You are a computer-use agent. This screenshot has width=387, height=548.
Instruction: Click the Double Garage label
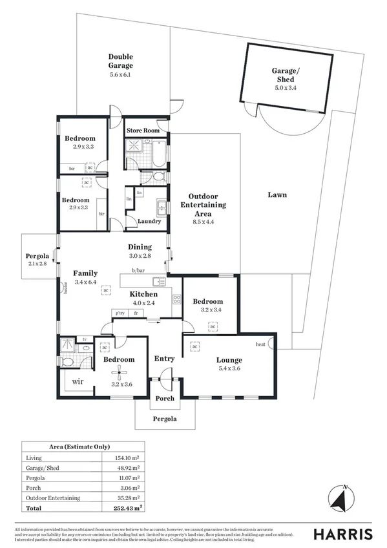[x=120, y=61]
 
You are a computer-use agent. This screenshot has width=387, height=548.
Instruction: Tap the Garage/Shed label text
[x=284, y=75]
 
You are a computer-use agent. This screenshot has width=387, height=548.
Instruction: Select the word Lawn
[x=278, y=195]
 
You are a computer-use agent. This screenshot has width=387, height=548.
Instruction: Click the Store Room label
[x=143, y=131]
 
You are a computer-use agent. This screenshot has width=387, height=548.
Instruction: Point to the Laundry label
[x=149, y=222]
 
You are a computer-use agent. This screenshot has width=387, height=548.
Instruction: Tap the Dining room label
[x=140, y=246]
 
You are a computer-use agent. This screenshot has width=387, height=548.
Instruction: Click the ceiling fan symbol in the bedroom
[x=119, y=371]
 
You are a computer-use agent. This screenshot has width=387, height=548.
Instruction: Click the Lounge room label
[x=229, y=360]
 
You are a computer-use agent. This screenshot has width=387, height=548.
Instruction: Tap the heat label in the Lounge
[x=260, y=344]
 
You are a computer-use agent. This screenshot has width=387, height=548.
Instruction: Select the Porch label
[x=165, y=398]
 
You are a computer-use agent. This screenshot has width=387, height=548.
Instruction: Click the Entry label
[x=164, y=359]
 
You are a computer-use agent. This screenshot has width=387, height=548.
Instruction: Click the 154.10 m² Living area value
[x=118, y=458]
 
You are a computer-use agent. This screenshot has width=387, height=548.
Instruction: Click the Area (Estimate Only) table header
[x=79, y=447]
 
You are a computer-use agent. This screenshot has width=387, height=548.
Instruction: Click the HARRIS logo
[x=342, y=534]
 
